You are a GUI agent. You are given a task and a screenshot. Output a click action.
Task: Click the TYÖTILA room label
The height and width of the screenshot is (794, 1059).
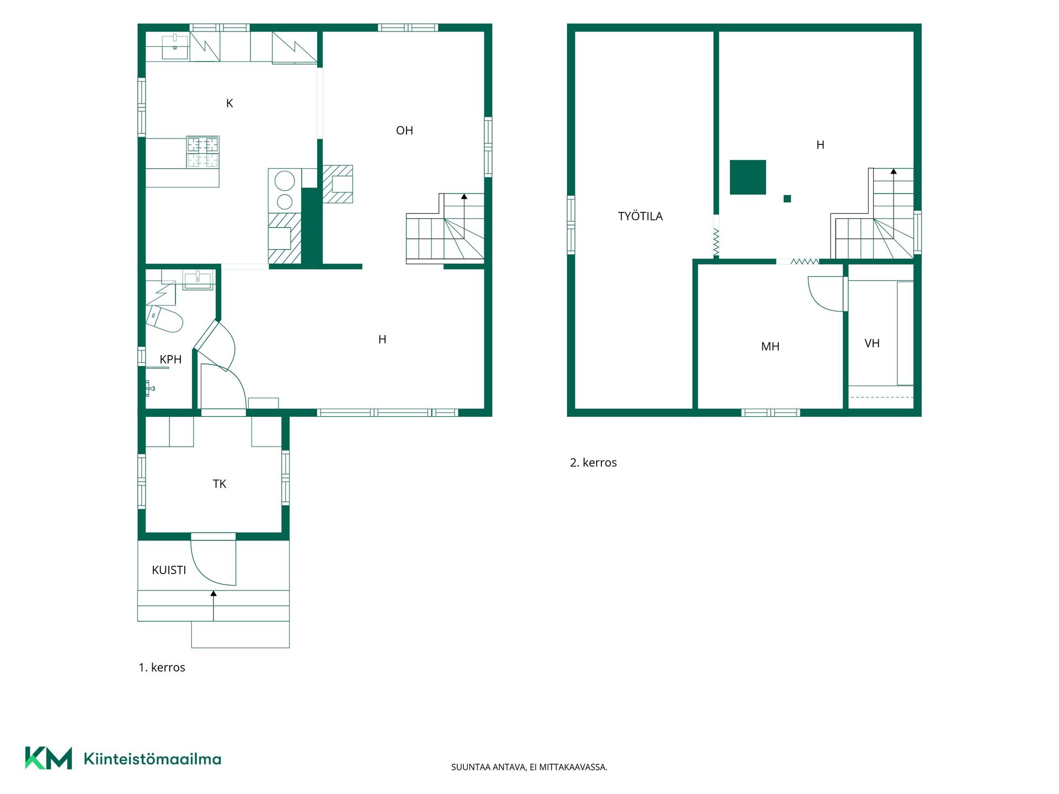(x=640, y=216)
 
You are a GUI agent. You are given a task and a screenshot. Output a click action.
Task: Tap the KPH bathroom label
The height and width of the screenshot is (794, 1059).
(x=170, y=360)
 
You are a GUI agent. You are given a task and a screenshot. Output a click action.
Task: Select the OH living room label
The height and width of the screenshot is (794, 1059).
(x=404, y=131)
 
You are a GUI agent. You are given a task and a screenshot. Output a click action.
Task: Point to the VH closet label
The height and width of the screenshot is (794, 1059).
(x=871, y=344)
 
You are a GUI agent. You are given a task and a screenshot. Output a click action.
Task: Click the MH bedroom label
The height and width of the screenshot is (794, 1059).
(x=770, y=347)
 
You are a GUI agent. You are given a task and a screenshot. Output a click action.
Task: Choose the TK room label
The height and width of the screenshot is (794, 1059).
(x=220, y=484)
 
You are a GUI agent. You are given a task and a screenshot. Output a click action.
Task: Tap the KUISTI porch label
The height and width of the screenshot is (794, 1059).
(x=169, y=570)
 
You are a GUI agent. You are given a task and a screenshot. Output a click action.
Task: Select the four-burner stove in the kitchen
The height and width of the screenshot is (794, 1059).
(x=202, y=152)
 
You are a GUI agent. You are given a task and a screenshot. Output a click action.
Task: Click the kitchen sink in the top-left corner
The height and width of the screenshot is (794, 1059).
(x=175, y=46)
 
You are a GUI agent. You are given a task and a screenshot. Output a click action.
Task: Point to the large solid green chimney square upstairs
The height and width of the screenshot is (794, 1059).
(x=748, y=177)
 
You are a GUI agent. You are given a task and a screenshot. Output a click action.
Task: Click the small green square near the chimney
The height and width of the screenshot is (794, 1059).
(x=787, y=198)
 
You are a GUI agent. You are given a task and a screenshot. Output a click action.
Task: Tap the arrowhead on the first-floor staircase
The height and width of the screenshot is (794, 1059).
(x=464, y=196)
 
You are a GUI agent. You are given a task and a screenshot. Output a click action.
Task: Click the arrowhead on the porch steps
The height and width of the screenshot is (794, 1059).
(x=213, y=593)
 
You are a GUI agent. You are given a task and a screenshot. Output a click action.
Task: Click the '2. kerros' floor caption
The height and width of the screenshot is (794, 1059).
(x=593, y=463)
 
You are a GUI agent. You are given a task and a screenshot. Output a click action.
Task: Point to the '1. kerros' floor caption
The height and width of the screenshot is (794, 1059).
(x=162, y=668)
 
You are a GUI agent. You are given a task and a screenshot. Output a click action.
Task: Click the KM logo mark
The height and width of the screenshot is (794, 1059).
(x=49, y=758)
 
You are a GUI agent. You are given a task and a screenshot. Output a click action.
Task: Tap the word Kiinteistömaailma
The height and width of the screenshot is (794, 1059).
(x=152, y=759)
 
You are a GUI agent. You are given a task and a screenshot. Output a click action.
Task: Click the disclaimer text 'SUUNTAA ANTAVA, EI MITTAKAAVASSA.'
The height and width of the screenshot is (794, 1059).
(x=529, y=767)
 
